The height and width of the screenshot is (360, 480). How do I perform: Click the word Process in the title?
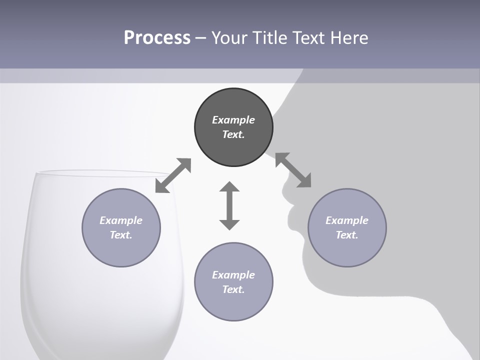click(157, 38)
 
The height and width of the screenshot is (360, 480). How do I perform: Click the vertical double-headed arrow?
click(229, 206)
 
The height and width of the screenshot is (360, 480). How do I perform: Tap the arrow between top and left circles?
click(173, 175)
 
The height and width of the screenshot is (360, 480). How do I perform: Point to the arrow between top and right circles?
click(293, 170)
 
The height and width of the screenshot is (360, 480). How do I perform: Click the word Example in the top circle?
click(233, 120)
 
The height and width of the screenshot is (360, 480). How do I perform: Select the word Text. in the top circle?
click(233, 134)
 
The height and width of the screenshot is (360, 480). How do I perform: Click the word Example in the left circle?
click(121, 220)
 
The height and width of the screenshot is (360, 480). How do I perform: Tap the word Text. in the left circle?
click(121, 235)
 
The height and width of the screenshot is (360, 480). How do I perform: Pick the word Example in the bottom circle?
click(233, 275)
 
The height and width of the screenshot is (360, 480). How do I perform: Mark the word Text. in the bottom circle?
click(233, 289)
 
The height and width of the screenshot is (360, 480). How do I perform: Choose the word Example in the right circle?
click(347, 220)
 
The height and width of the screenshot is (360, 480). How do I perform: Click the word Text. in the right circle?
click(347, 235)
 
